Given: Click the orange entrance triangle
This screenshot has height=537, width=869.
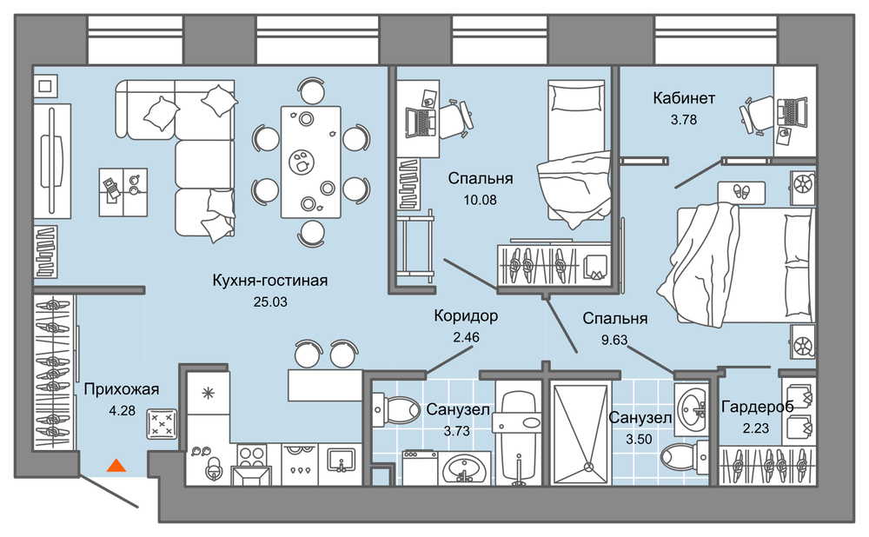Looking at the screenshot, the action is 116,466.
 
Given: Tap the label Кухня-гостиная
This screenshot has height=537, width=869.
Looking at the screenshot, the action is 270,281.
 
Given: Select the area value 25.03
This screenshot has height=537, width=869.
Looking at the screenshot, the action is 270,302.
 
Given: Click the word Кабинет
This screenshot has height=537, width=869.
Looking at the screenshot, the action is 684,98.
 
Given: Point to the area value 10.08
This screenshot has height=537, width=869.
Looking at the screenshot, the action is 480,200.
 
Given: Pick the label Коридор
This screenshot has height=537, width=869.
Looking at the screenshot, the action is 466,316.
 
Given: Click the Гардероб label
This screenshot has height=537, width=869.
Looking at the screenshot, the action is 757,408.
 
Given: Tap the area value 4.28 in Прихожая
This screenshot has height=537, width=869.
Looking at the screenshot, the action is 122,411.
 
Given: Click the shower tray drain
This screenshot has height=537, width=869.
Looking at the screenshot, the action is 588,467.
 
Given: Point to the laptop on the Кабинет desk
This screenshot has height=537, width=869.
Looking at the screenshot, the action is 792,112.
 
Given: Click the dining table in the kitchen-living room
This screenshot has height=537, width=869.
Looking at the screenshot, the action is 310,162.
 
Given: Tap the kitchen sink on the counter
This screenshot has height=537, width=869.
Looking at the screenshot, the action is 341,461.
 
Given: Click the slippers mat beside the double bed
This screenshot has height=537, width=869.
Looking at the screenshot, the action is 741,193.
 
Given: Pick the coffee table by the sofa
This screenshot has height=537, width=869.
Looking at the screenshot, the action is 123,192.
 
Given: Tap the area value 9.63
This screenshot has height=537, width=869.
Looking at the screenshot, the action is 614,340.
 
